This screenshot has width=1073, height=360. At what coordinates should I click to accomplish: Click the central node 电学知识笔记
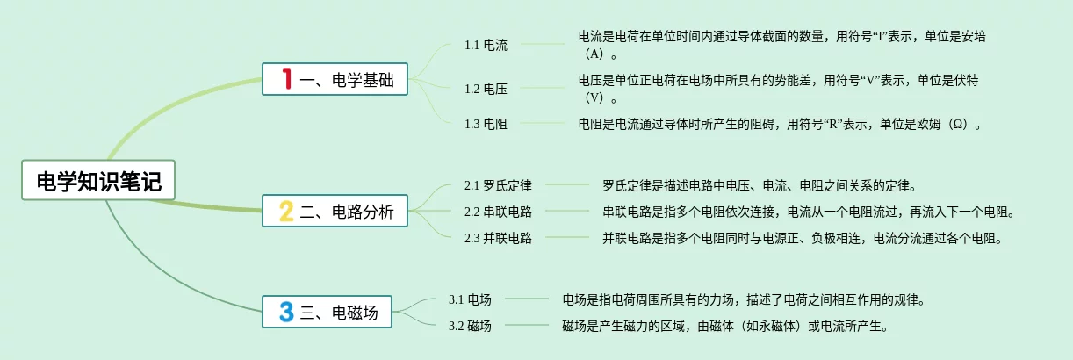point(98,182)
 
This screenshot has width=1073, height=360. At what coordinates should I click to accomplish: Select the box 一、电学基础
point(335,80)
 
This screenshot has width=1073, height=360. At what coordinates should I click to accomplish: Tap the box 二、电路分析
point(335,212)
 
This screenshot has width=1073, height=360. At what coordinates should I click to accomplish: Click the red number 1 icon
point(285,80)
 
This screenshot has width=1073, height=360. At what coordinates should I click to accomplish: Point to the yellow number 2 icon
point(285,212)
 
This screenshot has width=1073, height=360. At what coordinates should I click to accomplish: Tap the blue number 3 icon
point(285,312)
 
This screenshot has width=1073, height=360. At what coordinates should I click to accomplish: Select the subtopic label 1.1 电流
point(486,45)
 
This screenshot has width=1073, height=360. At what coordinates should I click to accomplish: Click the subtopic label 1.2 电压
point(486,88)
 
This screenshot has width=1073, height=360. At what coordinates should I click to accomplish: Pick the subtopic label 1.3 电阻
point(486,124)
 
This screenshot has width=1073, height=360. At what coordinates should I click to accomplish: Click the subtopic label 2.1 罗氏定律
point(498,185)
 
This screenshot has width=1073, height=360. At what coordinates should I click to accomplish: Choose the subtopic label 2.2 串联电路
point(498,212)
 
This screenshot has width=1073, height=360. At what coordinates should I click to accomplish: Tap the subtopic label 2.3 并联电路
point(498,238)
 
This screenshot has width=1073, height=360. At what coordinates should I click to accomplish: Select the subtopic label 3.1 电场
point(470,299)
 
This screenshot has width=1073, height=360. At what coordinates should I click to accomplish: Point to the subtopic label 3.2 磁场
point(470,326)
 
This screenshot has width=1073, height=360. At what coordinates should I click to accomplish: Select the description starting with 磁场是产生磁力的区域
point(724,326)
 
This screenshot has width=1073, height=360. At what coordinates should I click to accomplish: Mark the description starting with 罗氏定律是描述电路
point(760,185)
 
